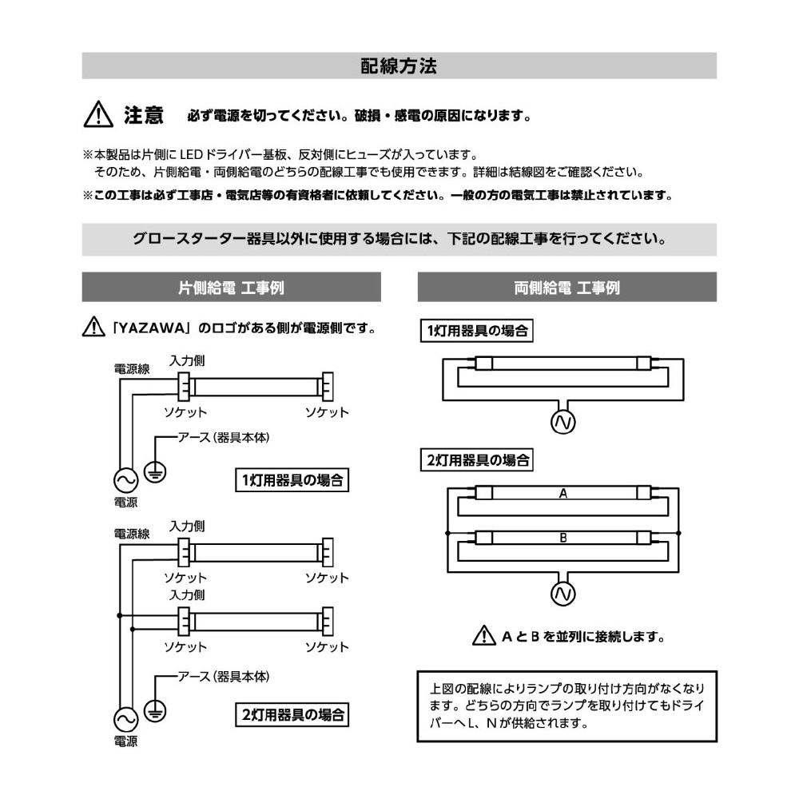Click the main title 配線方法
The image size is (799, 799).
point(399,66)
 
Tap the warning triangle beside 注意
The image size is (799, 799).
point(96,115)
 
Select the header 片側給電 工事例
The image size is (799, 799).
point(231,287)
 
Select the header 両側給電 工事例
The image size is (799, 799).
point(566,287)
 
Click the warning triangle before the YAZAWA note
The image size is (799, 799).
point(93,328)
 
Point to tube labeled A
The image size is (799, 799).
point(562,494)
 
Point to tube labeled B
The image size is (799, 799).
point(562,537)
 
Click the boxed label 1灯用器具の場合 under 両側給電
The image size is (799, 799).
point(477,330)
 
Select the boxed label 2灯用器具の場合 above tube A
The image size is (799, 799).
point(477,460)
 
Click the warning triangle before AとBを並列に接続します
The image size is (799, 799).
point(483,637)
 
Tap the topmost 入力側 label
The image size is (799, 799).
point(186,361)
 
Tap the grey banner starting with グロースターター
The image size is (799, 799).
point(399,239)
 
